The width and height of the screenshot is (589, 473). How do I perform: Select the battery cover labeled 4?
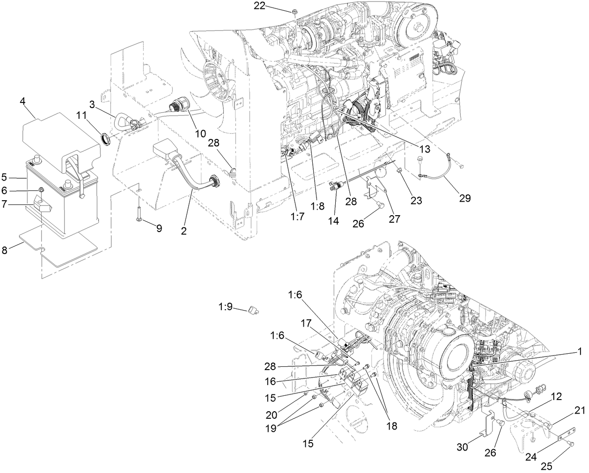61,136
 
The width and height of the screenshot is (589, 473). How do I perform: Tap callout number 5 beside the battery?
4,177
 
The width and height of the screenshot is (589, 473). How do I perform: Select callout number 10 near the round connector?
200,133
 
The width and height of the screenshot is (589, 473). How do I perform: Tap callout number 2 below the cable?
184,231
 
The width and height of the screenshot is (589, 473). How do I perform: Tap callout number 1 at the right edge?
580,350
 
